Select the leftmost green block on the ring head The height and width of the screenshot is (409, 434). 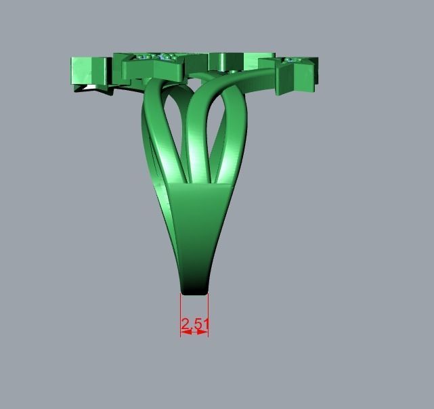click(x=90, y=70)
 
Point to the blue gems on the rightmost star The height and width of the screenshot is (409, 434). click(x=293, y=61)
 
